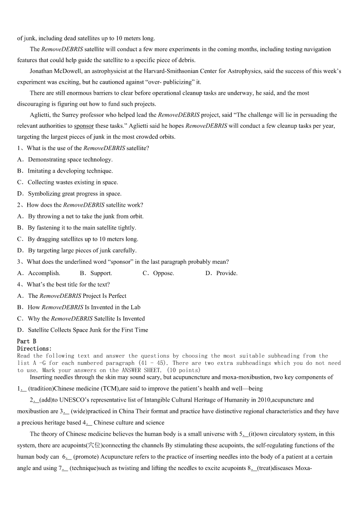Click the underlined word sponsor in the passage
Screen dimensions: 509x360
click(83, 126)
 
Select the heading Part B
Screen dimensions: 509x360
click(26, 341)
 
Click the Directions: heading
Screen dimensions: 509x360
click(34, 349)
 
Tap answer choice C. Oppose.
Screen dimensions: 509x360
click(158, 273)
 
